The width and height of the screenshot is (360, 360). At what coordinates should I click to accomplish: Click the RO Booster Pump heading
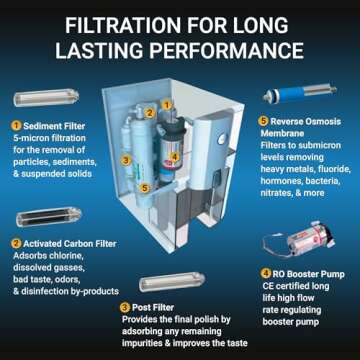303,273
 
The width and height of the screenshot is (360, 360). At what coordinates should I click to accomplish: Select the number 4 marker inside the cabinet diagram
176,154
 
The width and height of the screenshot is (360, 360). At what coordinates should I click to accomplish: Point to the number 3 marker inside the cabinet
125,159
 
